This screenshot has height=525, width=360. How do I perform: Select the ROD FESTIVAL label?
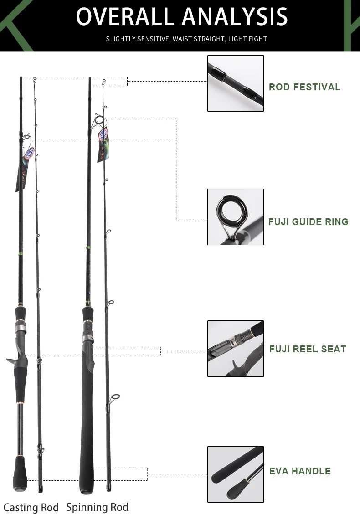tap(304, 87)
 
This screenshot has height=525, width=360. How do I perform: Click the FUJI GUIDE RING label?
tap(308, 222)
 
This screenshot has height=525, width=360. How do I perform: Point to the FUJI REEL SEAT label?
tap(308, 349)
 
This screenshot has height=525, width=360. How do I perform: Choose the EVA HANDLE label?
tap(300, 471)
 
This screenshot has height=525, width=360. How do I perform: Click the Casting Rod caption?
tap(31, 508)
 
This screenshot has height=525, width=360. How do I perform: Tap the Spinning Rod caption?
tap(98, 507)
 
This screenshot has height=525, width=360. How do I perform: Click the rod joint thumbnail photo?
tap(236, 83)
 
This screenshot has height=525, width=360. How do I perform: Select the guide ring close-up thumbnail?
tap(236, 217)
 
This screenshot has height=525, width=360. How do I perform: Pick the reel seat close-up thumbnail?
tap(236, 349)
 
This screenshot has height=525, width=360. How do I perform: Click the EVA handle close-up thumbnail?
tap(236, 474)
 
